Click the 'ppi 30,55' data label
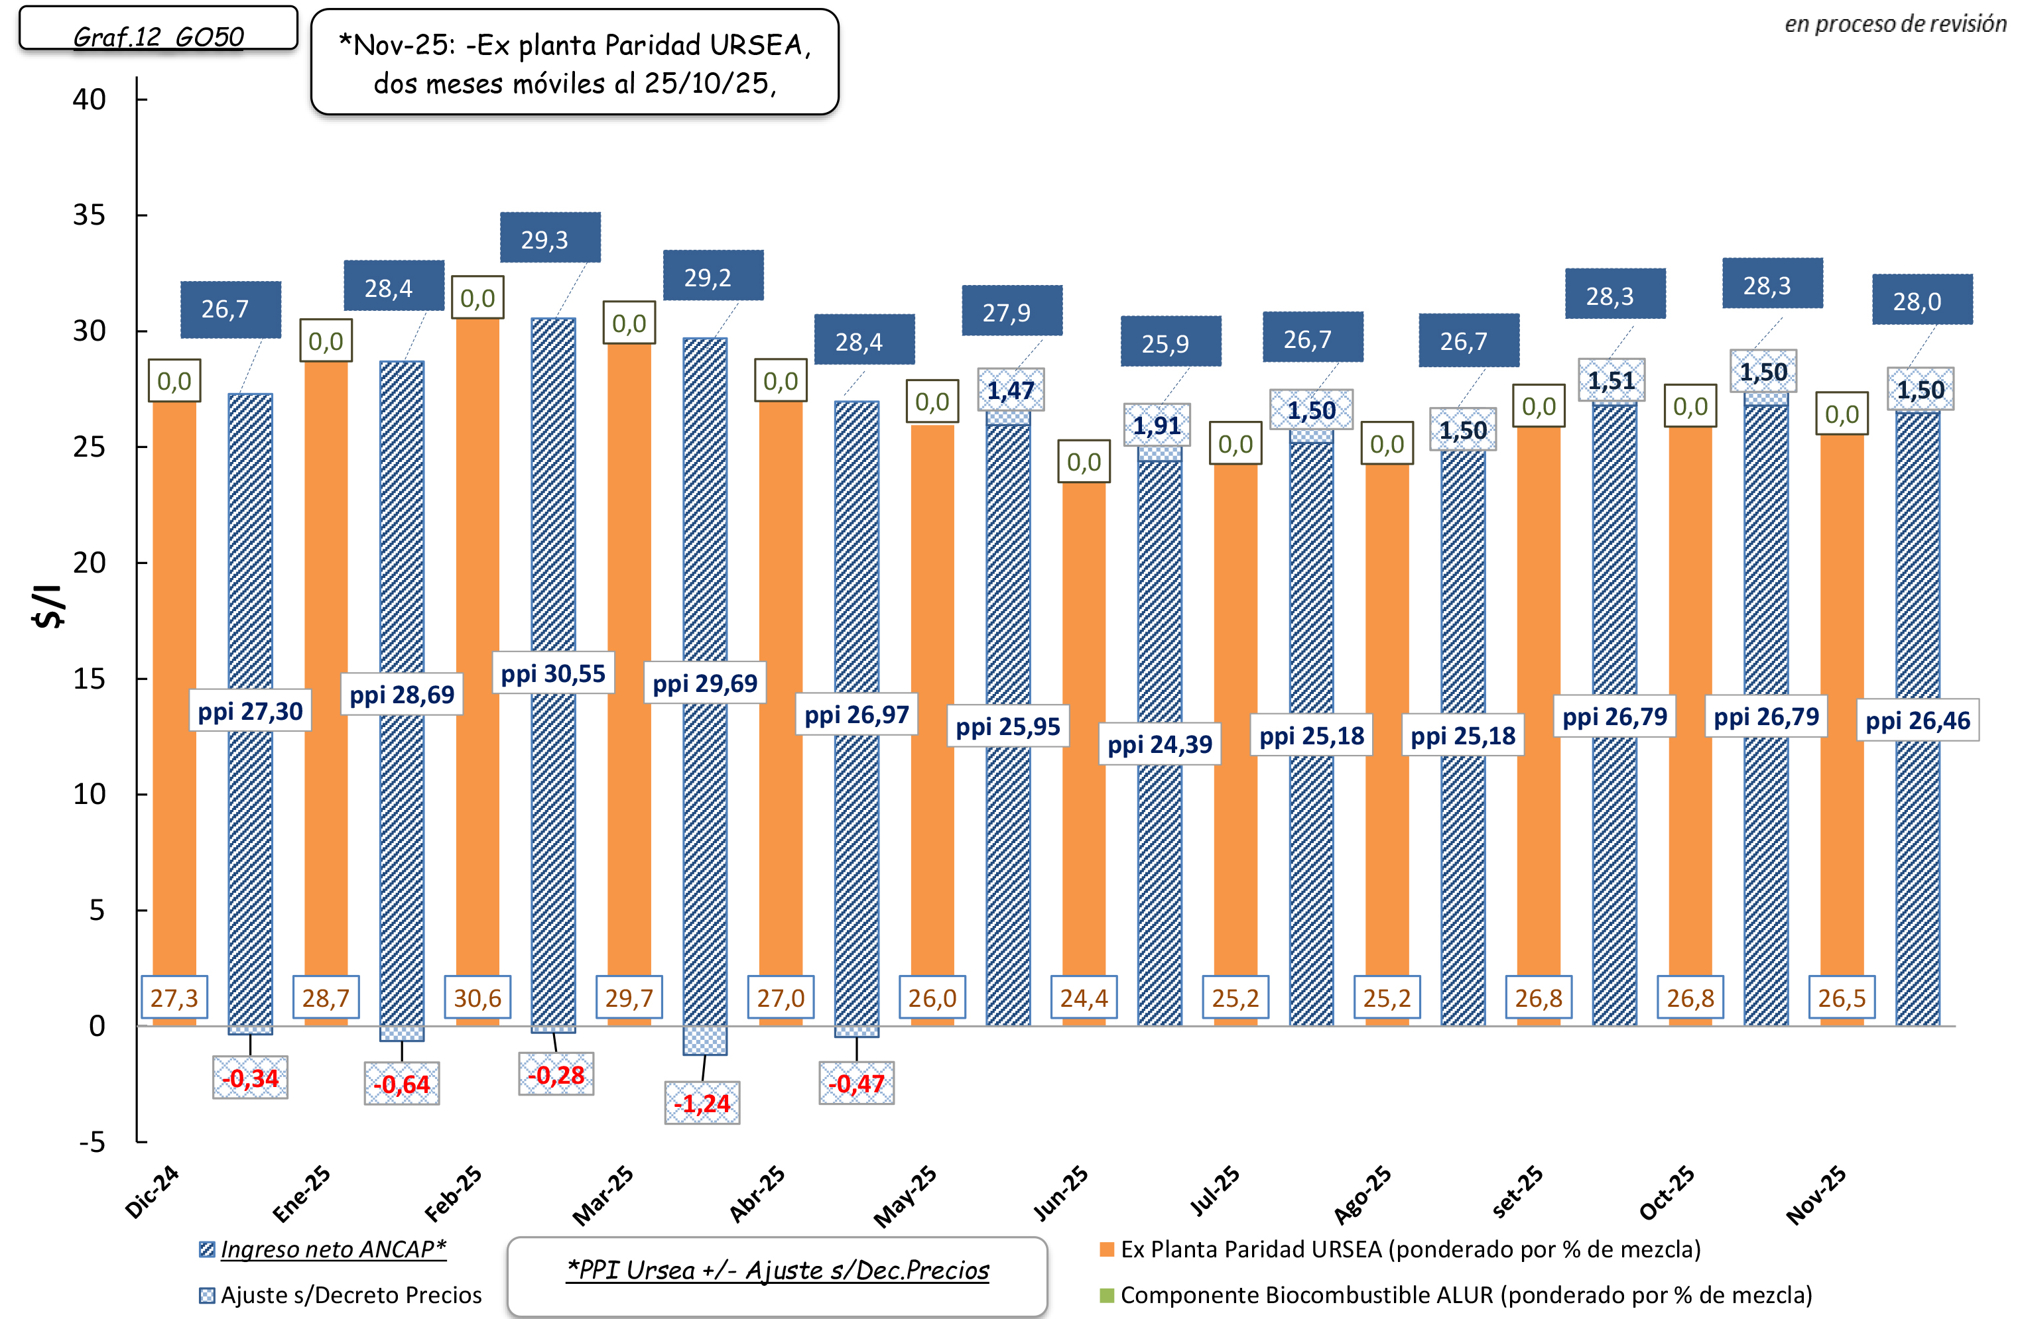point(553,673)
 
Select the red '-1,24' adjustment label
point(702,1104)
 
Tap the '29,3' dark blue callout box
point(550,238)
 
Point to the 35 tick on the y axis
point(90,215)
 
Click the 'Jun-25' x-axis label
point(1060,1192)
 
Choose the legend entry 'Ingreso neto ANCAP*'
point(323,1249)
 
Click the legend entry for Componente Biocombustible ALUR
point(1456,1295)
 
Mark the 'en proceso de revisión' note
point(1895,24)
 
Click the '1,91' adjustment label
point(1157,425)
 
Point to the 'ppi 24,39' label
point(1160,744)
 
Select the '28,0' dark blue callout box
point(1922,300)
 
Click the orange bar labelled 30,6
point(477,646)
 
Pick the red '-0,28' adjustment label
point(556,1075)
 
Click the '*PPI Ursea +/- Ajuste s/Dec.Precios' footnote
point(777,1271)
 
